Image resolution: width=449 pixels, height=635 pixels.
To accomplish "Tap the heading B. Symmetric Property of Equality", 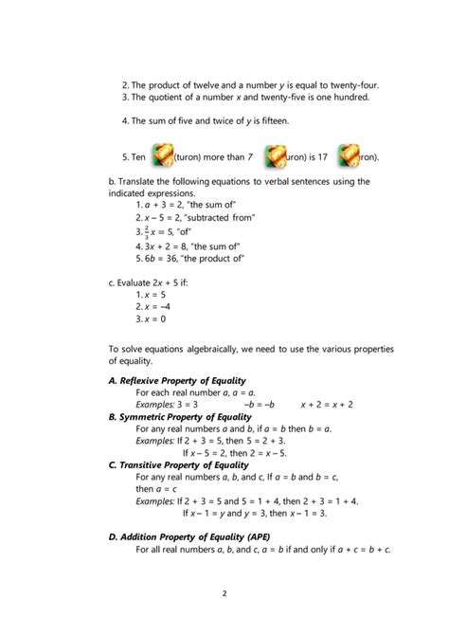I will tap(180, 416).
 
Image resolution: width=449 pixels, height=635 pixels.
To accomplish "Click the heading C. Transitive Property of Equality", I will tap(178, 464).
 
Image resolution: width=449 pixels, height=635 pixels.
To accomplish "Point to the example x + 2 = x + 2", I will tap(327, 404).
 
